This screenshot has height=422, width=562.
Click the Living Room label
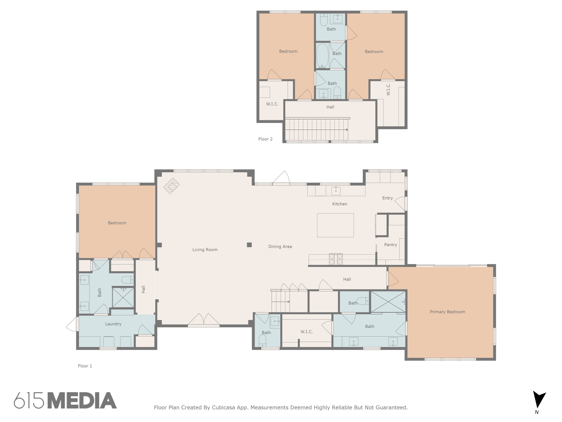click(205, 249)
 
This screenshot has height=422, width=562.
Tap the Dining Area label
click(280, 246)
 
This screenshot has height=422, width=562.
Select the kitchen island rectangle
click(335, 225)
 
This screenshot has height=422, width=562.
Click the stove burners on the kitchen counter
click(336, 259)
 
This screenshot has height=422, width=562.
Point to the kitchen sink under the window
click(336, 190)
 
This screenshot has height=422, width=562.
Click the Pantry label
click(390, 245)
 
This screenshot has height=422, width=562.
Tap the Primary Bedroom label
click(447, 312)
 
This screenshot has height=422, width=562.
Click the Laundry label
click(113, 324)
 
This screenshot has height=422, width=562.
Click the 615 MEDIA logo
click(65, 400)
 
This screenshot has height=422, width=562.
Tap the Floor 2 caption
click(265, 139)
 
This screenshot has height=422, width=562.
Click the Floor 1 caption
click(85, 366)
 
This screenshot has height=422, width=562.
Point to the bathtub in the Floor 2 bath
click(322, 56)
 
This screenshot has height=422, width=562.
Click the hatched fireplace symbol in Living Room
click(171, 186)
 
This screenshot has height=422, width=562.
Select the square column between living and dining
click(249, 245)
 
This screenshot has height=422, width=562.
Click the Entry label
click(387, 198)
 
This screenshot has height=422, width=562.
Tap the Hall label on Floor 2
click(330, 107)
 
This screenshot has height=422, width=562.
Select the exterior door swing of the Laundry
click(72, 324)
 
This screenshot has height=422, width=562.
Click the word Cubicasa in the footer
click(223, 407)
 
